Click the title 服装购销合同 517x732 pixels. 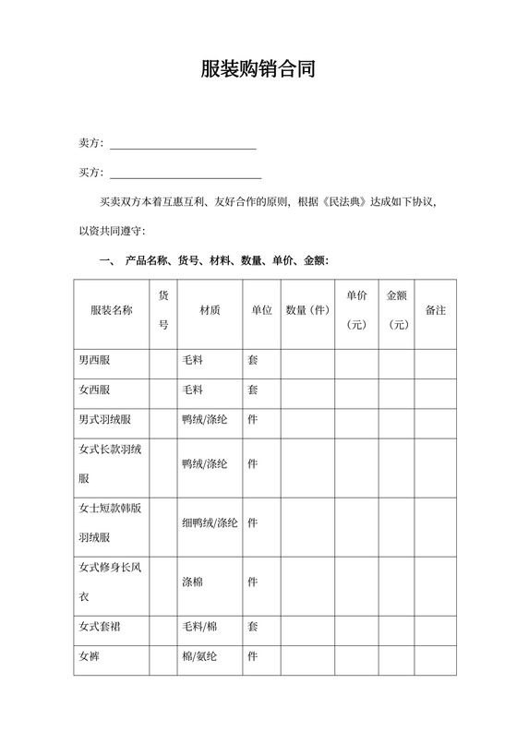click(x=258, y=70)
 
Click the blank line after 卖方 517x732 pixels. click(x=183, y=144)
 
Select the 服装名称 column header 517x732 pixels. click(x=111, y=310)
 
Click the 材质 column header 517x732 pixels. click(x=210, y=310)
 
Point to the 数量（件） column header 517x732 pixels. click(x=307, y=310)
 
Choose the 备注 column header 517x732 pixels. click(x=435, y=310)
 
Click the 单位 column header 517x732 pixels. click(x=261, y=310)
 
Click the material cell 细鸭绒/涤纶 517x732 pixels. click(x=210, y=522)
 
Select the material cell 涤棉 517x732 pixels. click(x=194, y=582)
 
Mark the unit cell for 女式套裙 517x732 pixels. click(x=252, y=627)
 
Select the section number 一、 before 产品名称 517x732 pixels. click(x=104, y=260)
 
